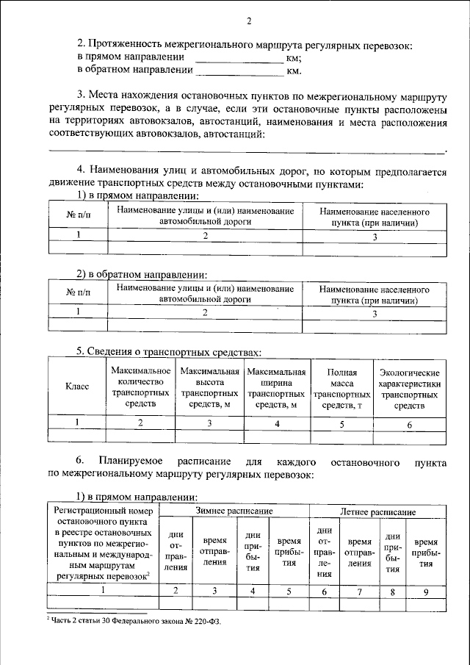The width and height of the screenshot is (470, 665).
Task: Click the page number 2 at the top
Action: [x=249, y=21]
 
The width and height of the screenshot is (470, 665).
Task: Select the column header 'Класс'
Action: [x=78, y=386]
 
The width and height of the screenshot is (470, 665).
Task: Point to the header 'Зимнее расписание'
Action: [x=234, y=511]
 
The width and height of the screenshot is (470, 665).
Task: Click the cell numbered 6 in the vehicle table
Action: [x=409, y=423]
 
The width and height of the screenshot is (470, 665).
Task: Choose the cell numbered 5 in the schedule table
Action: [x=289, y=590]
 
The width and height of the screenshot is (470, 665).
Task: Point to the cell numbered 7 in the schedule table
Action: [x=359, y=590]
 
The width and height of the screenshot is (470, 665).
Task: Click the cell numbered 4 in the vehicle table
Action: [x=277, y=423]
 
